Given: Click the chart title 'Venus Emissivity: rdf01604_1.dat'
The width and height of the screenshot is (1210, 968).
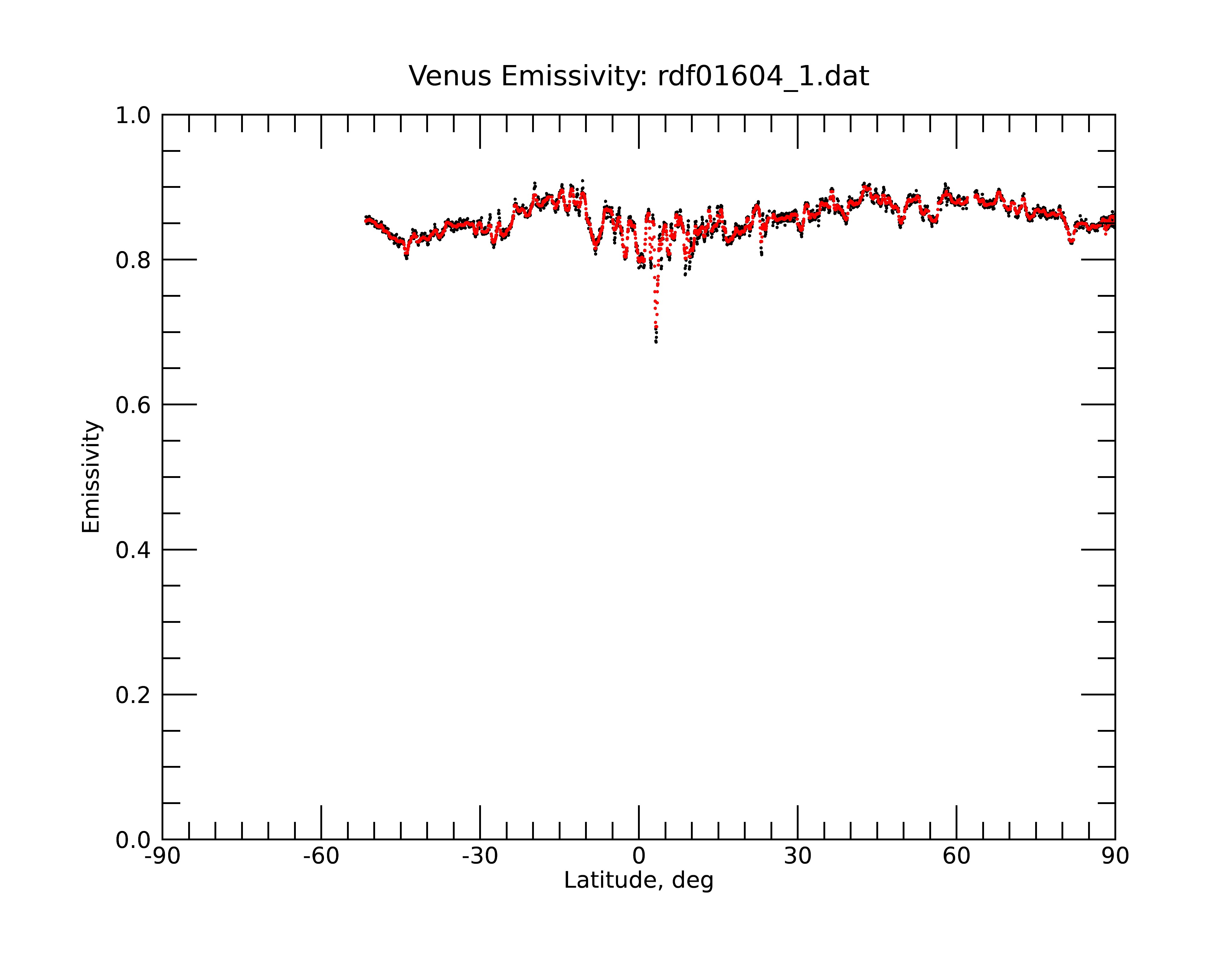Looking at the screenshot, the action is (x=639, y=76).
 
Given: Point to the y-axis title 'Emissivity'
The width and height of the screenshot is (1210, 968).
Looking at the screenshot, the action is (x=91, y=476).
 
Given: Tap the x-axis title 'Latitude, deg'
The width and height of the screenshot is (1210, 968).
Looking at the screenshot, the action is (x=639, y=881).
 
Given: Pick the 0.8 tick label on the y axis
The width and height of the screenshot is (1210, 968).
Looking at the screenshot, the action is (x=133, y=260).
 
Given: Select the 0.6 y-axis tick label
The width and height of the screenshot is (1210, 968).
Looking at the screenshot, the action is (x=133, y=405).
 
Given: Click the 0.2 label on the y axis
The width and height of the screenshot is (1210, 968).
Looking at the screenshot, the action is (x=133, y=695).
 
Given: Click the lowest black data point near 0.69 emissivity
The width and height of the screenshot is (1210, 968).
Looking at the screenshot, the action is (x=656, y=342).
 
